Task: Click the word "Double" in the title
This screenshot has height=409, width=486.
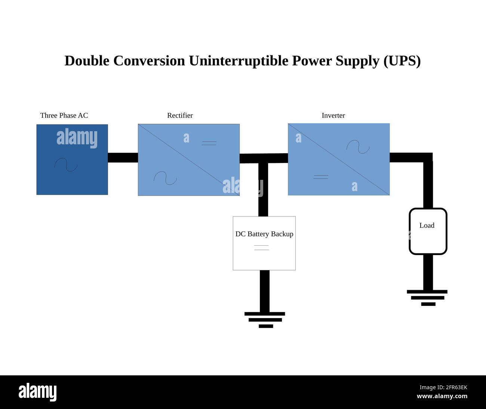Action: [x=87, y=61]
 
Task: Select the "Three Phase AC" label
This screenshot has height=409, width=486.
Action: [x=64, y=116]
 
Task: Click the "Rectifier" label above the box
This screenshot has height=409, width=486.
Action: [x=180, y=116]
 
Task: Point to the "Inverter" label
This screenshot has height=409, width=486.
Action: [x=333, y=116]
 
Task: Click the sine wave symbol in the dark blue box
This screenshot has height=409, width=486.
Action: [x=66, y=164]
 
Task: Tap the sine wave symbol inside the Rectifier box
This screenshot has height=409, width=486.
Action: [x=165, y=178]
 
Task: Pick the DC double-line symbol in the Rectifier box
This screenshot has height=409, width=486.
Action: [x=209, y=143]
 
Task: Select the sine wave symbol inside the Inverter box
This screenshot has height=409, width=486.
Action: [x=358, y=147]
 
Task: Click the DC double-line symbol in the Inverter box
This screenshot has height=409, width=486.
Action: [x=321, y=177]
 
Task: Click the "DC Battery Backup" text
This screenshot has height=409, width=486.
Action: [x=264, y=234]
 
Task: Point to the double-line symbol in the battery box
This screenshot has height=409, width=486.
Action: [x=261, y=247]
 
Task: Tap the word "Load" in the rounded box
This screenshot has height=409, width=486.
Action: [x=427, y=225]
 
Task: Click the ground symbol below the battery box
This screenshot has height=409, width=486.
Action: [x=265, y=320]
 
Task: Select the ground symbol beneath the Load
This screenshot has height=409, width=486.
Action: [x=427, y=298]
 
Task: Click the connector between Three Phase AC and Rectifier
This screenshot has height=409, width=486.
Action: [x=123, y=158]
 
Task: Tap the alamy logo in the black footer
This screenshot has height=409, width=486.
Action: [x=37, y=392]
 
